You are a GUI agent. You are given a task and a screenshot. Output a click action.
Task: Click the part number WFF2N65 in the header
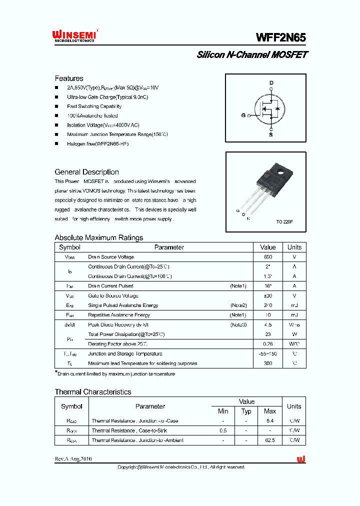tap(281, 37)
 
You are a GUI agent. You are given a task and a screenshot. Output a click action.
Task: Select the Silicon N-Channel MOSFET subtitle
tap(252, 55)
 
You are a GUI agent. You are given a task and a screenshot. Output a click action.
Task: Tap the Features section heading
tap(69, 78)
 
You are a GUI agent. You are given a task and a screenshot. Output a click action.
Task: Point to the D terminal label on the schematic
tap(271, 83)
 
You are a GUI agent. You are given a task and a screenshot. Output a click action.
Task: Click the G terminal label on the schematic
tap(243, 115)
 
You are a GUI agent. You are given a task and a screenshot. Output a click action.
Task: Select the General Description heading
tap(86, 172)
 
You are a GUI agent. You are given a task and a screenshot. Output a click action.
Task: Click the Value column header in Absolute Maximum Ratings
tap(268, 247)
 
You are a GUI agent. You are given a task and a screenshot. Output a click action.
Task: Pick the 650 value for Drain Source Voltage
tap(268, 257)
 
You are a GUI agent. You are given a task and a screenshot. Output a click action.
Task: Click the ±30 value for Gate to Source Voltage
tap(268, 295)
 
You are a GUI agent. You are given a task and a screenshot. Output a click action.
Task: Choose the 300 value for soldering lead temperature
tap(268, 363)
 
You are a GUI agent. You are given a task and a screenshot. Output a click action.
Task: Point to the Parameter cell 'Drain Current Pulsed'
tap(110, 286)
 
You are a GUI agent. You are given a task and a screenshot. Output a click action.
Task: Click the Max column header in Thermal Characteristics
tap(269, 411)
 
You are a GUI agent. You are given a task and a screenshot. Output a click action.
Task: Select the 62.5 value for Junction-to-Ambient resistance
tap(269, 440)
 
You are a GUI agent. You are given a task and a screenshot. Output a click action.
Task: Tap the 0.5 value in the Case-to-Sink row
tap(223, 430)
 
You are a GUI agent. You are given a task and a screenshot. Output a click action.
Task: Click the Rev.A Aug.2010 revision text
tap(73, 459)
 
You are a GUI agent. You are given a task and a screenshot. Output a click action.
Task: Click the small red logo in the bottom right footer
tap(301, 459)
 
